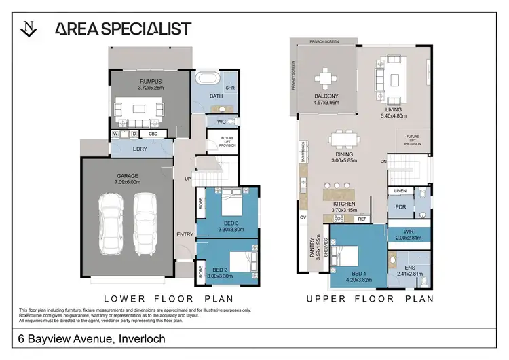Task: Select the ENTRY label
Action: (185, 234)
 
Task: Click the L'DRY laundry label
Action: (140, 149)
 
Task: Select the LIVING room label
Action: (394, 109)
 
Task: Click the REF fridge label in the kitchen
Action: (362, 219)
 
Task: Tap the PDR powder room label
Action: (400, 207)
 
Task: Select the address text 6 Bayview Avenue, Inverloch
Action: (92, 338)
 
